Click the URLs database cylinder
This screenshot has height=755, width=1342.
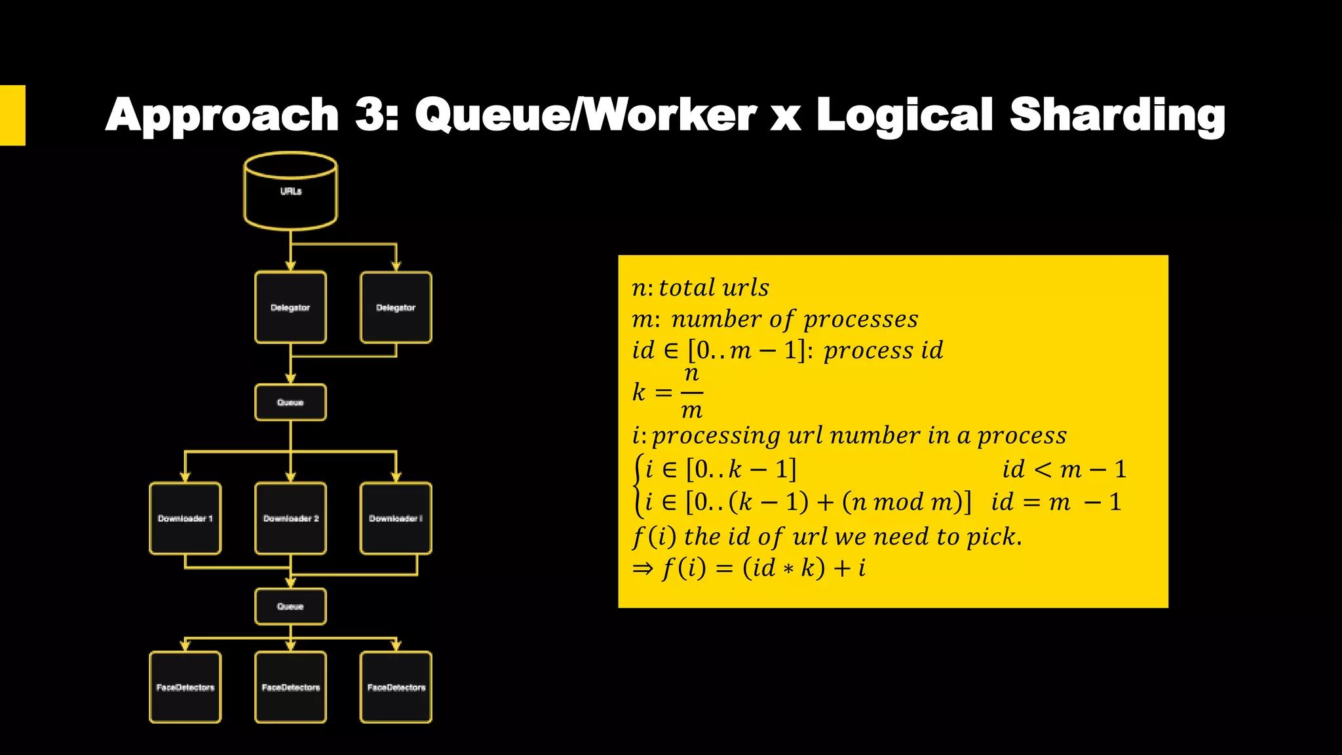(x=290, y=191)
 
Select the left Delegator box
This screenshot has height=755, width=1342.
(x=290, y=307)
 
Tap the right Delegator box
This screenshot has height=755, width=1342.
(x=396, y=307)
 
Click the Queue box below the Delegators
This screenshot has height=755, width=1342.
(x=290, y=402)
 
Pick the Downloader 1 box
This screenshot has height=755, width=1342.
(x=185, y=518)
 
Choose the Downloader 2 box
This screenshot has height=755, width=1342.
(x=290, y=518)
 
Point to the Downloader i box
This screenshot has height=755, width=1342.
(x=396, y=518)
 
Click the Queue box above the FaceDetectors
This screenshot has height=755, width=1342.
(x=290, y=606)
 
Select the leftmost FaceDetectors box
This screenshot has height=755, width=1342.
(x=185, y=687)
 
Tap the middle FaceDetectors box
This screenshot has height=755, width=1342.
(x=290, y=687)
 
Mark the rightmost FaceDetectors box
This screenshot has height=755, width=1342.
(x=396, y=687)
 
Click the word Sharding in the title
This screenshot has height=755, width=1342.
(x=1117, y=115)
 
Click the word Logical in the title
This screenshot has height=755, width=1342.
(x=904, y=115)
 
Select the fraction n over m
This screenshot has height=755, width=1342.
(x=692, y=393)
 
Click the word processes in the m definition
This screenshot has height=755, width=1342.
(x=860, y=319)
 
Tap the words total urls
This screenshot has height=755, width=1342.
(x=714, y=288)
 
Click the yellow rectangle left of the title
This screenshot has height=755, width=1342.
(x=12, y=115)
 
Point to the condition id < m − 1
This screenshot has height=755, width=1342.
(x=1064, y=469)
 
